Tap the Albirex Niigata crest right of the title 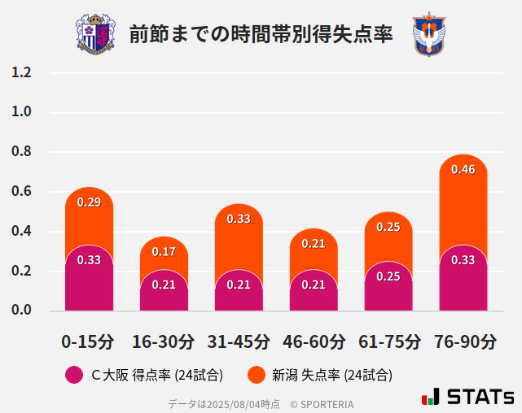[429, 34]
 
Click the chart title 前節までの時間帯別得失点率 [261, 34]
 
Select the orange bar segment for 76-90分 [463, 203]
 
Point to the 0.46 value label [463, 169]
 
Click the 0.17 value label [164, 251]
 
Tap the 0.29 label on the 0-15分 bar [89, 202]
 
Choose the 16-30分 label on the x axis [164, 341]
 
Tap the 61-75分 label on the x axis [388, 341]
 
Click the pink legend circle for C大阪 [73, 375]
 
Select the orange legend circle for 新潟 [257, 375]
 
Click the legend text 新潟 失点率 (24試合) [331, 375]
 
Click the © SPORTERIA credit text [322, 403]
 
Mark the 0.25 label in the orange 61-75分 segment [388, 227]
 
